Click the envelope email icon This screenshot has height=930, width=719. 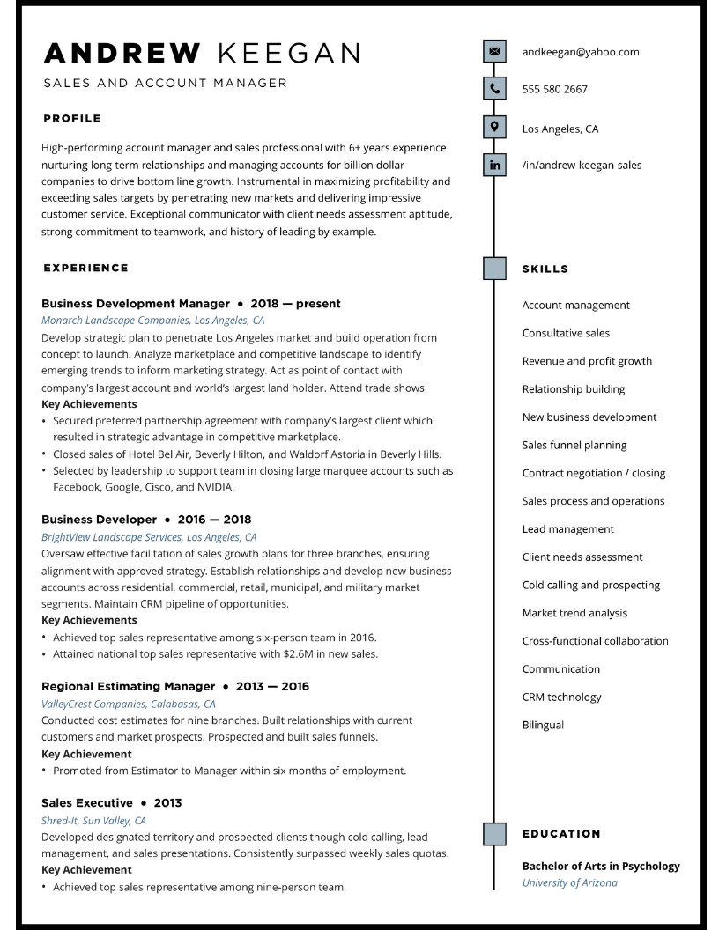[494, 52]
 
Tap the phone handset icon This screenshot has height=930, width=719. [494, 89]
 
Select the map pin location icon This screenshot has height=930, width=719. [494, 128]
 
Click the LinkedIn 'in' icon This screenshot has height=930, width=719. [494, 165]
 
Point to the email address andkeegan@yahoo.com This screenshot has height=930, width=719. [580, 52]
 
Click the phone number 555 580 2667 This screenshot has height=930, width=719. [554, 89]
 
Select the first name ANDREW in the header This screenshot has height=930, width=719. [122, 54]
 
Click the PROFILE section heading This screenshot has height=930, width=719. [72, 118]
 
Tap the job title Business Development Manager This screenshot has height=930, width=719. [135, 304]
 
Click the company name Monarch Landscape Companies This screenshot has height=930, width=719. [115, 321]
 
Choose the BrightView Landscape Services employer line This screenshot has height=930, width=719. [149, 536]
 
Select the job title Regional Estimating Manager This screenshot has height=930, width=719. [128, 686]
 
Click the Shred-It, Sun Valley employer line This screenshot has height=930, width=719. [93, 820]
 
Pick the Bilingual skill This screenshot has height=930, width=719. [543, 725]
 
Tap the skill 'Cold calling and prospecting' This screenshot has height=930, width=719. [590, 585]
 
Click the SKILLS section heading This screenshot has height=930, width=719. [545, 269]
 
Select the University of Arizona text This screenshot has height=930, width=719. [569, 882]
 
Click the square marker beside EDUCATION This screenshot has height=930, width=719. [494, 833]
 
